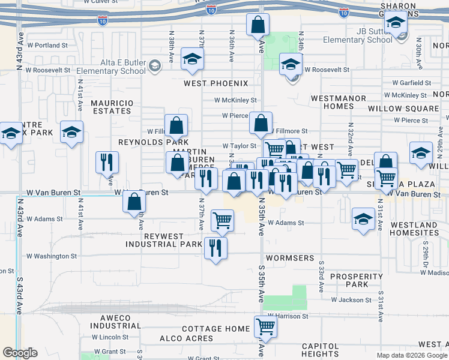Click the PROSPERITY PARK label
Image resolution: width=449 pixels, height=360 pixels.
357,280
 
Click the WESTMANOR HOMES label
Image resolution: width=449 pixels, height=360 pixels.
332,102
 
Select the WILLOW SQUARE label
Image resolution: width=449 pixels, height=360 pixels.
403,109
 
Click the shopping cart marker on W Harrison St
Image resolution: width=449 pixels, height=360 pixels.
265,327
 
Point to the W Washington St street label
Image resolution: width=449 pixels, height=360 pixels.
52,256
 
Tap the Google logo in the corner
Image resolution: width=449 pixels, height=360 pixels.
19,353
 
